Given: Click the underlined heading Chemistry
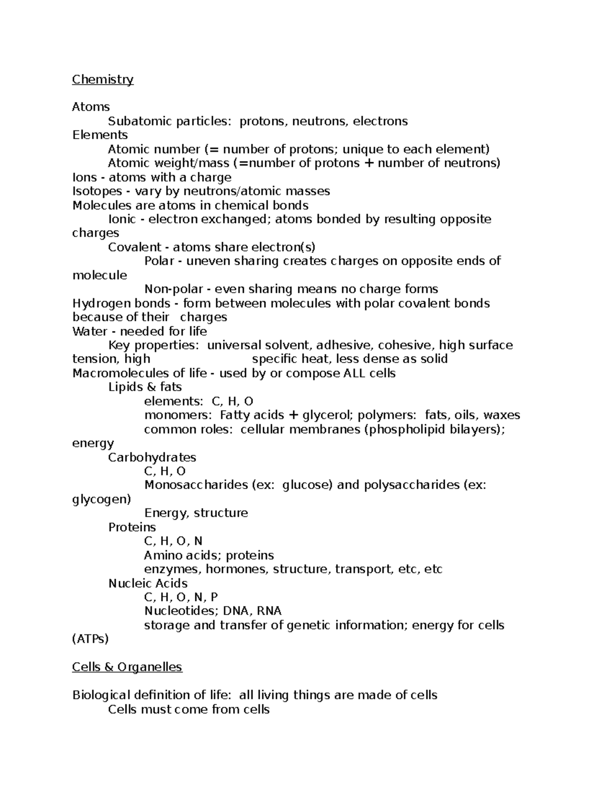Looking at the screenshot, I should tap(103, 80).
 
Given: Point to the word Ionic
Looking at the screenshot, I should tap(122, 219).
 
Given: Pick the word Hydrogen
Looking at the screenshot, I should tap(100, 303).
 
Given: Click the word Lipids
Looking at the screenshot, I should tap(123, 387).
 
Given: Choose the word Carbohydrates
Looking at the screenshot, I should tap(152, 457).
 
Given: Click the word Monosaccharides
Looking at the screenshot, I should tap(196, 484).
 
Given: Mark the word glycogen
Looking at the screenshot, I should tap(101, 499).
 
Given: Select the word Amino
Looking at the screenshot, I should tap(162, 555).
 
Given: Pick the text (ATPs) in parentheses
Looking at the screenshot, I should tap(91, 639).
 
